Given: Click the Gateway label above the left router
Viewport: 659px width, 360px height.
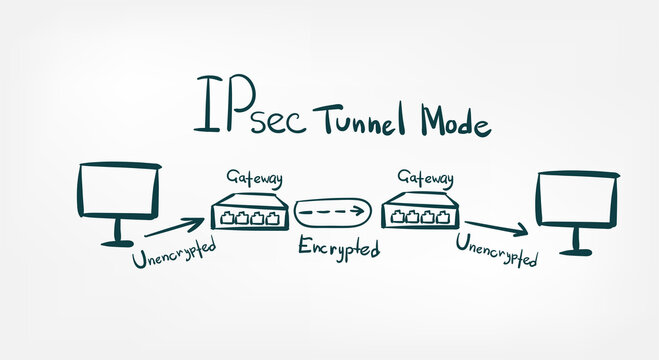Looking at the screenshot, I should click(253, 178).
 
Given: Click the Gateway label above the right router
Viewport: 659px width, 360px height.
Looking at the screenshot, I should click(426, 178).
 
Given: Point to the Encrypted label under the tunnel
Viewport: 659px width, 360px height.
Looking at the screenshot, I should click(339, 247).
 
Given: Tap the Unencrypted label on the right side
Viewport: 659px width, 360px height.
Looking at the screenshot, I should click(497, 250).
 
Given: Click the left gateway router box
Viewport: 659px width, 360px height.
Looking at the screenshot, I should click(250, 211).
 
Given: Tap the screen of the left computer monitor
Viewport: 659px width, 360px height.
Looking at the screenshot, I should click(118, 191).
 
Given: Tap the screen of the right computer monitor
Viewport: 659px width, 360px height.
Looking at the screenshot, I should click(577, 199).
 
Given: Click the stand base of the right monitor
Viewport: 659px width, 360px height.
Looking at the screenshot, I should click(577, 250).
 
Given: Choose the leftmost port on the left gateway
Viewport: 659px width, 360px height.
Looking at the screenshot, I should click(227, 216).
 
